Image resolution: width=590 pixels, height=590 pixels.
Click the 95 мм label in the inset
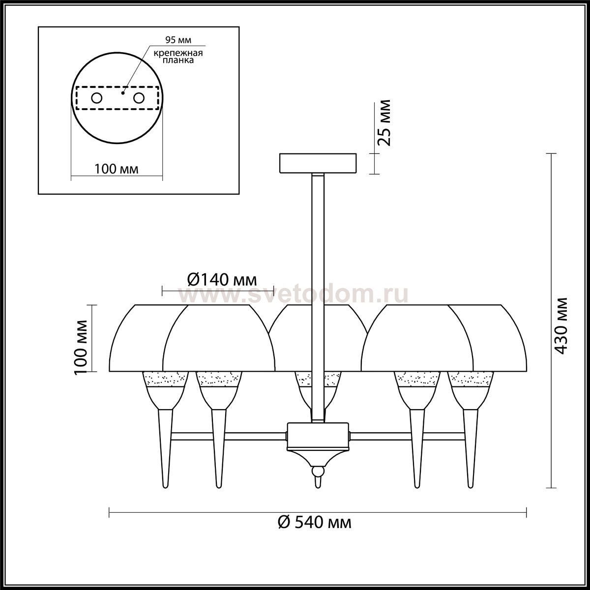pos(178,40)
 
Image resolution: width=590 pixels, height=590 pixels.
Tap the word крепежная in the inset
pos(178,53)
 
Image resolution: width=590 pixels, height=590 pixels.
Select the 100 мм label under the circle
pos(117,169)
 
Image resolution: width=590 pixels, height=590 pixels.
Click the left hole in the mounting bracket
pos(96,98)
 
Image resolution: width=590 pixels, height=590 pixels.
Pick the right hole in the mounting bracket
pos(139,98)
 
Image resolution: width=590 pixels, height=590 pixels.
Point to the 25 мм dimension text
pos(384,123)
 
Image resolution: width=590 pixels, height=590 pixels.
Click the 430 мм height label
pos(561,325)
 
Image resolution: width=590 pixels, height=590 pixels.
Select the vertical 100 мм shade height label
pos(81,348)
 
